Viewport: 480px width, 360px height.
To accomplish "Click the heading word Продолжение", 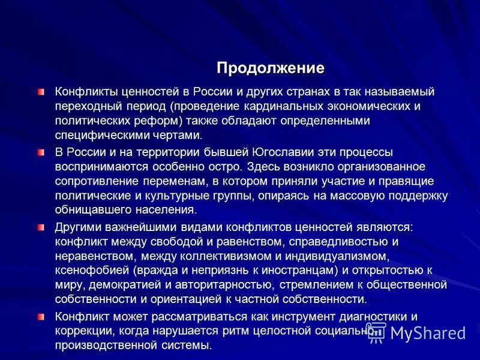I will pyautogui.click(x=270, y=68).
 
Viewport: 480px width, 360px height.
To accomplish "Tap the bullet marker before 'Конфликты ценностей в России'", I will pyautogui.click(x=41, y=92).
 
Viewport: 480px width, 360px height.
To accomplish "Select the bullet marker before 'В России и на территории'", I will pyautogui.click(x=41, y=152).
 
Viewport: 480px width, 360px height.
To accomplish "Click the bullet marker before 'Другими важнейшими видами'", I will pyautogui.click(x=41, y=227).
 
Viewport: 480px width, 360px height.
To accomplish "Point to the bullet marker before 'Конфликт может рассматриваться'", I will pyautogui.click(x=41, y=316).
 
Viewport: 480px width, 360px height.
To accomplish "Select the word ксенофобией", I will pyautogui.click(x=91, y=270).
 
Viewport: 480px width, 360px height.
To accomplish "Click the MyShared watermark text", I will pyautogui.click(x=428, y=333).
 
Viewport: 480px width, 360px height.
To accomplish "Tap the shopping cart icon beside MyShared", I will pyautogui.click(x=376, y=332).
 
